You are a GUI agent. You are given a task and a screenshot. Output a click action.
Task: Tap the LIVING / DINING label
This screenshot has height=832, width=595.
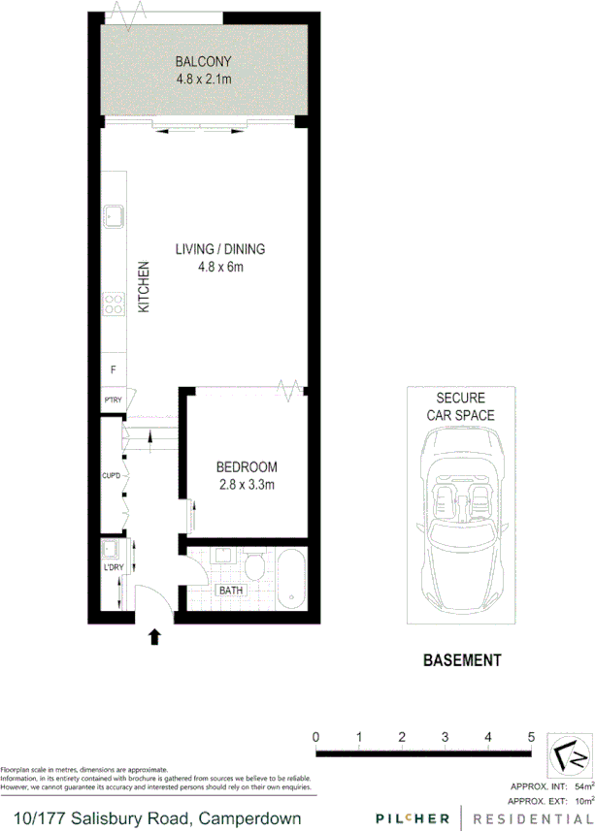tap(219, 249)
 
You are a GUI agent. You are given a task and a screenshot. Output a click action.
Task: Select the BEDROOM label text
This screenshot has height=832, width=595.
tap(247, 466)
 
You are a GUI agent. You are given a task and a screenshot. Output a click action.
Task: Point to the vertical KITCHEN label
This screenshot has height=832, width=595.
tap(143, 286)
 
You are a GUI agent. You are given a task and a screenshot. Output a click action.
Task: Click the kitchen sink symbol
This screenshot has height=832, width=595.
tap(114, 214)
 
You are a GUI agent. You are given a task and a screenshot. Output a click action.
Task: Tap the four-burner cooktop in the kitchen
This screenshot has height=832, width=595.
tap(114, 304)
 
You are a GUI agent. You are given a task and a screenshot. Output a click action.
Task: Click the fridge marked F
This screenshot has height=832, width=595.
tap(114, 369)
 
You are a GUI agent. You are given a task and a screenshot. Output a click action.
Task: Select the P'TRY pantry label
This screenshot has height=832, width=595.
tap(113, 400)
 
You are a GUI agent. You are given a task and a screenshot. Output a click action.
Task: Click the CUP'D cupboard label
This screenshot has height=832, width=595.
tap(112, 475)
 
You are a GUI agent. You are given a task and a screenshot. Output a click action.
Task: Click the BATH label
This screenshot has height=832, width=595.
tap(231, 590)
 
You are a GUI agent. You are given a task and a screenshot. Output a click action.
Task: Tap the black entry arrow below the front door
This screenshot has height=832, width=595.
tap(153, 636)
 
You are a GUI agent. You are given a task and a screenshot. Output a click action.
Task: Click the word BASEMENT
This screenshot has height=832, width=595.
tap(462, 661)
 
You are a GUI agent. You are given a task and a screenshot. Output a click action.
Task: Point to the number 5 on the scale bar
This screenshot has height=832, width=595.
tap(531, 737)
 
